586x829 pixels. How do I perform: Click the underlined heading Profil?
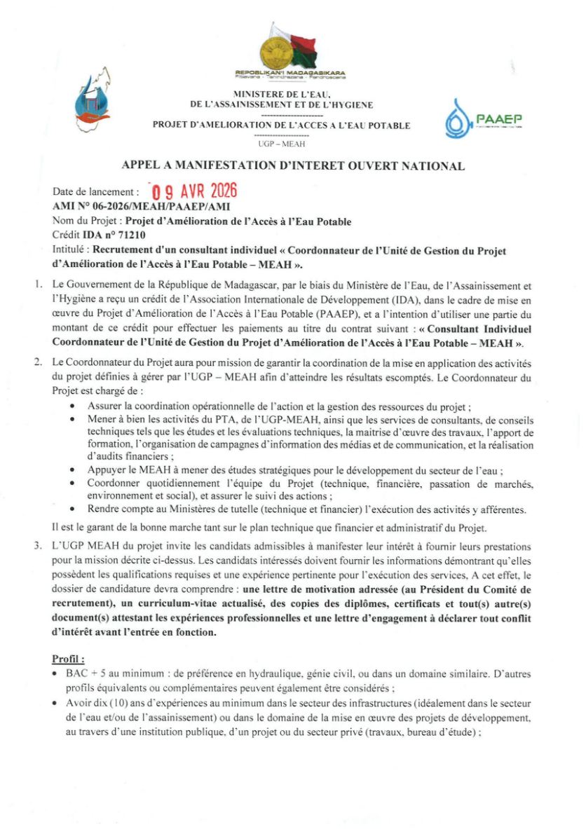click(x=68, y=659)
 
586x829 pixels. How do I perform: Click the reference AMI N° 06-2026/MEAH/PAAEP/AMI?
click(x=141, y=207)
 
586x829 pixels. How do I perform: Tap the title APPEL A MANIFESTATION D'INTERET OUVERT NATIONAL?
click(x=293, y=166)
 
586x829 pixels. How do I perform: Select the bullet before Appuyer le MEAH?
click(x=74, y=470)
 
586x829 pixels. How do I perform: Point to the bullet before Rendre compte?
click(x=74, y=509)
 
